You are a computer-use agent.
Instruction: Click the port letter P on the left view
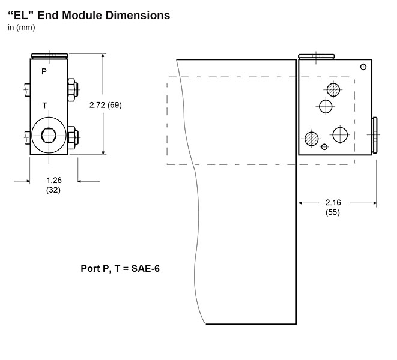click(44, 71)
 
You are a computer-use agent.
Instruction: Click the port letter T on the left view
click(44, 106)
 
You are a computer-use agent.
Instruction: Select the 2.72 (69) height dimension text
click(106, 105)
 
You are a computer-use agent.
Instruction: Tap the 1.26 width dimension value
click(54, 181)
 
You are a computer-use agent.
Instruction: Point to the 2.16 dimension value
click(333, 202)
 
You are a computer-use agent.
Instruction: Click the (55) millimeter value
click(333, 212)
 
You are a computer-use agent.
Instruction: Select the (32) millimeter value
click(53, 190)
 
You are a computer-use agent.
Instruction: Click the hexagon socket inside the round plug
click(49, 136)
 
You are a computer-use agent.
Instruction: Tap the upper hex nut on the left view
click(73, 90)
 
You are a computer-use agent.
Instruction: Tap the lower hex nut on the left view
click(73, 137)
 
